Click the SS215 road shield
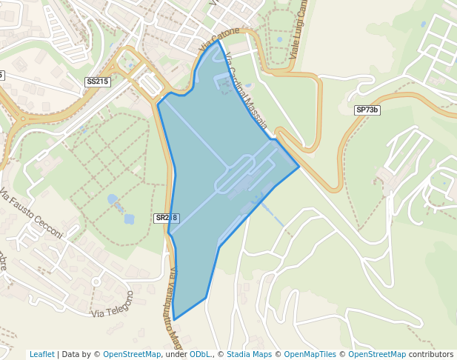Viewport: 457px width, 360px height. pyautogui.click(x=98, y=81)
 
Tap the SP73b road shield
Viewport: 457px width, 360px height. pyautogui.click(x=367, y=110)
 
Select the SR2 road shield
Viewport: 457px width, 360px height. pyautogui.click(x=167, y=218)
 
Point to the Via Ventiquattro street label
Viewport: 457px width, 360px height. pyautogui.click(x=175, y=307)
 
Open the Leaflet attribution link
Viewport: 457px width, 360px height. pyautogui.click(x=42, y=354)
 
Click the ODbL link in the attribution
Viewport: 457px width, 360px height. pyautogui.click(x=199, y=354)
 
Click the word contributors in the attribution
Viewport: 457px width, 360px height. pyautogui.click(x=431, y=354)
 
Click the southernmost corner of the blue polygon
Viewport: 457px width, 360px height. pyautogui.click(x=175, y=319)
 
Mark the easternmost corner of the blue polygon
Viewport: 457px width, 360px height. pyautogui.click(x=299, y=167)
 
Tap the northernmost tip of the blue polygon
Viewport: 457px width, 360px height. pyautogui.click(x=218, y=41)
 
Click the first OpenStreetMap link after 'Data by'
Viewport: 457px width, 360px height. pyautogui.click(x=132, y=354)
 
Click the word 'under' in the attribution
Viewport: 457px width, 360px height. pyautogui.click(x=176, y=354)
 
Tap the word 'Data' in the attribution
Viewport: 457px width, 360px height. pyautogui.click(x=71, y=354)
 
